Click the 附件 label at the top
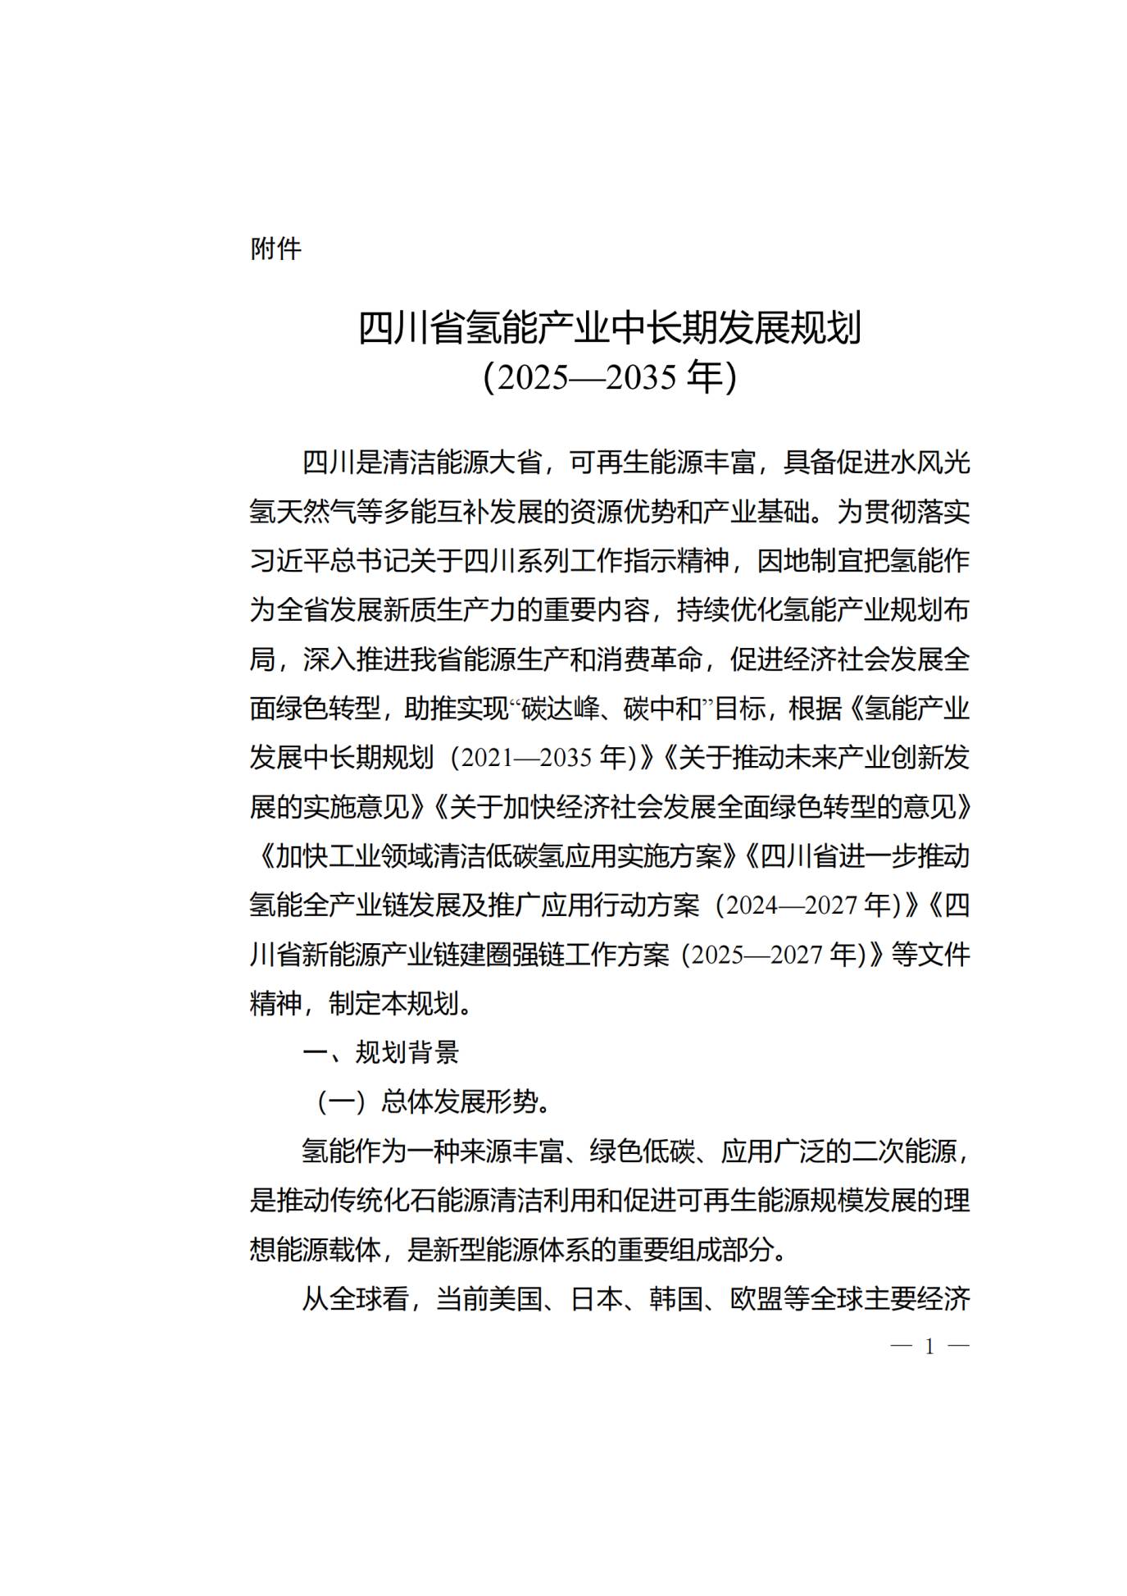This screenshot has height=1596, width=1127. (275, 249)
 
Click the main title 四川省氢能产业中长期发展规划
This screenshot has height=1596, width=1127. (610, 328)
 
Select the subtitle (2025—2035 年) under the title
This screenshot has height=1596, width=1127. (610, 377)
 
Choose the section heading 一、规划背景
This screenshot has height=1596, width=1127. (380, 1053)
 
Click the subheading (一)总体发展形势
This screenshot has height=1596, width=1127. (434, 1102)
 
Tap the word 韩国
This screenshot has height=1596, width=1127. (675, 1299)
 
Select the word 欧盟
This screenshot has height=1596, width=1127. (755, 1299)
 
